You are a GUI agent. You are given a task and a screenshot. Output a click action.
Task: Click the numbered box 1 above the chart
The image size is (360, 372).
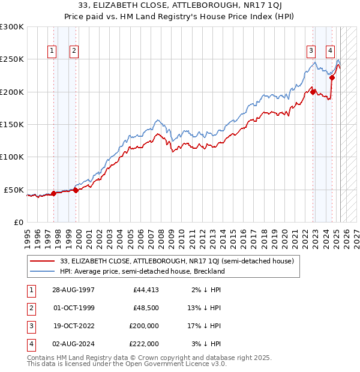coord(53,51)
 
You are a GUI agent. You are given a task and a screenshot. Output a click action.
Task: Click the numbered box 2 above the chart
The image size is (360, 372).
coord(73,51)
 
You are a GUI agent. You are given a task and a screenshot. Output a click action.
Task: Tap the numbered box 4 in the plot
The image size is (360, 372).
coord(331,51)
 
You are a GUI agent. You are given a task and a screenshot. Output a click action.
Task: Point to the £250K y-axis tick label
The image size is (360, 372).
coord(12,59)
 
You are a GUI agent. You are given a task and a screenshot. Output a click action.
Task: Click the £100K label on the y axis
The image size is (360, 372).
coord(12,157)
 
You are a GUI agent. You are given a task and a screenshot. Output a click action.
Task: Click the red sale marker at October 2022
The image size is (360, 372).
coord(313,92)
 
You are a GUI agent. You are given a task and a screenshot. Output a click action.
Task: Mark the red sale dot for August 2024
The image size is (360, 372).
coord(332,78)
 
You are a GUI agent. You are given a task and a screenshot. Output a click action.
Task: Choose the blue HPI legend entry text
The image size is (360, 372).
coord(142,271)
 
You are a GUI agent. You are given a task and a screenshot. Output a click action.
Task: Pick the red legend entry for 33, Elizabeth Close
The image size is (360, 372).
coord(176,261)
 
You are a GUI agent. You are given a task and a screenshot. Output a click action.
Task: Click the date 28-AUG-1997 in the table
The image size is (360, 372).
coord(73,290)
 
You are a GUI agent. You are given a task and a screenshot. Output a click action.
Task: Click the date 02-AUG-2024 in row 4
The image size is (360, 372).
coord(73,344)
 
